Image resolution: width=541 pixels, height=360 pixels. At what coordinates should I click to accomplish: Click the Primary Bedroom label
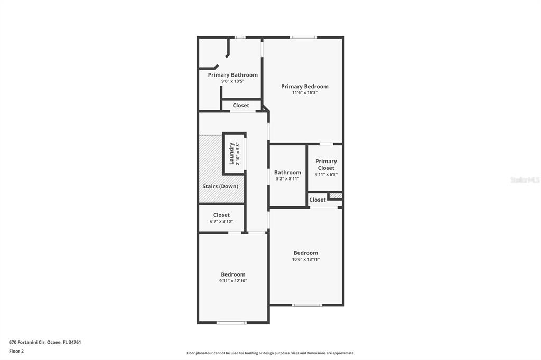(x=304, y=87)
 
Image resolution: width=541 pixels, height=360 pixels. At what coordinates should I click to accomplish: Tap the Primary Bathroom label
(x=232, y=75)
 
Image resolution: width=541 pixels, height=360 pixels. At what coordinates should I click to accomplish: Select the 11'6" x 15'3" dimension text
(x=304, y=93)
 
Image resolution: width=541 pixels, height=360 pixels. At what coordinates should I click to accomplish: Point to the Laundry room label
(x=231, y=153)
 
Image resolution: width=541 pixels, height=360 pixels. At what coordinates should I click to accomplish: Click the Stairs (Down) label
(x=220, y=186)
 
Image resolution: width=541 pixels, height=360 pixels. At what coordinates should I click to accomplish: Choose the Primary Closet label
(x=326, y=165)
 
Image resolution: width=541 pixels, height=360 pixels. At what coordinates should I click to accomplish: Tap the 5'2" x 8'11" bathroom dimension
(x=287, y=179)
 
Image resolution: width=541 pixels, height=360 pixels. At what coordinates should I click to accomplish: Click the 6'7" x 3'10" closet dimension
(x=221, y=221)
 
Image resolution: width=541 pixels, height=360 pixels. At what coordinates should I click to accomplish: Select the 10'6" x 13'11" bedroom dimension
(x=306, y=259)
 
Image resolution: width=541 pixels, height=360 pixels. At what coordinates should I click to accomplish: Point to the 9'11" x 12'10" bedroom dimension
(x=233, y=281)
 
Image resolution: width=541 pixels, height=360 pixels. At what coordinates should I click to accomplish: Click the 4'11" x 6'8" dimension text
(x=326, y=174)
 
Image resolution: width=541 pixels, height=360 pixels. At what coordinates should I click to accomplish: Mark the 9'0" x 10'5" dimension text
(x=232, y=81)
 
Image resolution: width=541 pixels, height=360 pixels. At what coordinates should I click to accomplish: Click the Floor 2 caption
(x=16, y=350)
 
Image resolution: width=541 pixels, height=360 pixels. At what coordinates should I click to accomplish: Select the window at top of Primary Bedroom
(x=303, y=37)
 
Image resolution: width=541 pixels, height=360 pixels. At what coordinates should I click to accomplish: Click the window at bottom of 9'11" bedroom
(x=231, y=323)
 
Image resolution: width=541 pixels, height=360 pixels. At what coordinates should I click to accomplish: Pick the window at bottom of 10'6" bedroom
(x=307, y=305)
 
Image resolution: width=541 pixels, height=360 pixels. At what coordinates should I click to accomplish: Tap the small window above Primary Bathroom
(x=240, y=37)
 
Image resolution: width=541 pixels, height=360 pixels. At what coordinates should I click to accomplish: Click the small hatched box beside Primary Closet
(x=335, y=196)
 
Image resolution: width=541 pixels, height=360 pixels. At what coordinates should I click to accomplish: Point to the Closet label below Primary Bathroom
(x=241, y=106)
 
